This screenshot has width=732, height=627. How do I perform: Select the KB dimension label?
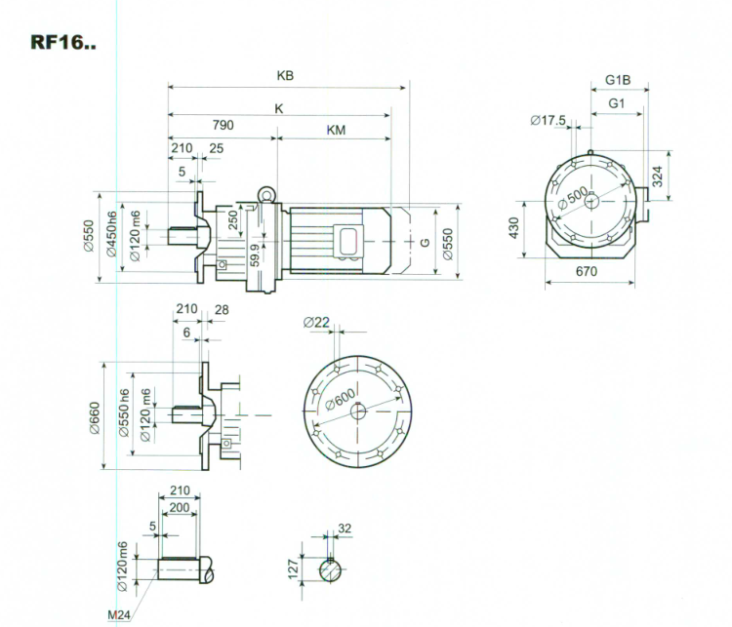point(286,75)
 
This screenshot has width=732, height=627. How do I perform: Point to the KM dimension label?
point(335,129)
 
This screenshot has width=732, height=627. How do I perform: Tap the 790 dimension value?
point(223,126)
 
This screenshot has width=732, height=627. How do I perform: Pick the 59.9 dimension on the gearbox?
point(255,256)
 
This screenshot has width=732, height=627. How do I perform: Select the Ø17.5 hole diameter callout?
point(548,120)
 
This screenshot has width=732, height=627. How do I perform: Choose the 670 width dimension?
point(586,272)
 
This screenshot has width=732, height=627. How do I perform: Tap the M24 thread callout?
point(120,614)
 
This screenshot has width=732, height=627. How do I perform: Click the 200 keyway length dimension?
point(180,509)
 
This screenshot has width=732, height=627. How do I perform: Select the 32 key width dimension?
point(345,528)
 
